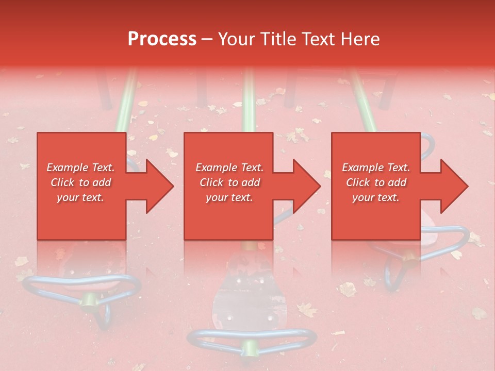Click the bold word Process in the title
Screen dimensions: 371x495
point(162,39)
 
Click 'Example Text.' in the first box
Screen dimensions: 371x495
point(81,167)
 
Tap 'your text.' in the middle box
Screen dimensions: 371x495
point(229,197)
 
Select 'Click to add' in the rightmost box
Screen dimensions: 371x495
point(376,182)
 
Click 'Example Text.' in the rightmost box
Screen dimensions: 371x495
point(376,167)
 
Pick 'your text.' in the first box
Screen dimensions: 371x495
point(81,197)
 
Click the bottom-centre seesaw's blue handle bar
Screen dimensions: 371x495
point(252,338)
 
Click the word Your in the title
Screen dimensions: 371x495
point(236,39)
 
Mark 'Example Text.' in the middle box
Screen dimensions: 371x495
point(229,167)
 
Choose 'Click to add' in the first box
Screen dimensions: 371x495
point(81,182)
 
